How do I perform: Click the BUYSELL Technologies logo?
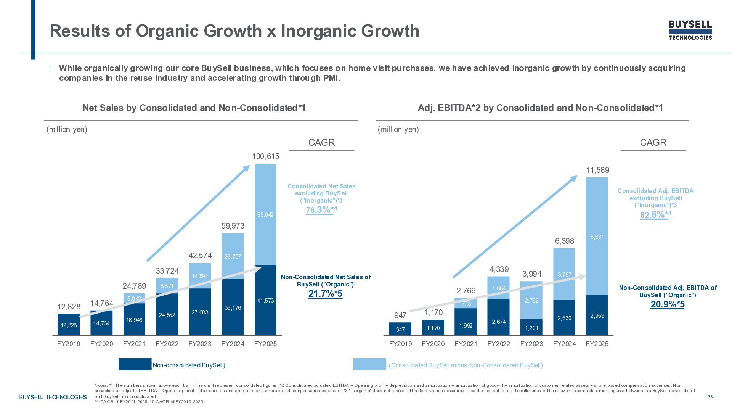pos(690,30)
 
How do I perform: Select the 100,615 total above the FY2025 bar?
pos(266,156)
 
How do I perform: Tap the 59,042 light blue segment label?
pos(265,215)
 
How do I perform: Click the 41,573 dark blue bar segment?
pos(265,301)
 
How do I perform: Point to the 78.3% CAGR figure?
pos(319,210)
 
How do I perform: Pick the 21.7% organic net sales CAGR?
pos(325,294)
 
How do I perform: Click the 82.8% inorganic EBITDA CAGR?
pos(653,215)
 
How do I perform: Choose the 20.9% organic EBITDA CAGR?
pos(667,304)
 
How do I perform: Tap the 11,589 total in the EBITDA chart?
pos(597,170)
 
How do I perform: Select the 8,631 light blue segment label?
pos(597,237)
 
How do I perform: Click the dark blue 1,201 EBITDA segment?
pos(531,328)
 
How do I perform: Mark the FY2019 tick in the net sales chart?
pos(69,344)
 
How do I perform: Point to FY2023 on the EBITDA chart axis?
pos(531,344)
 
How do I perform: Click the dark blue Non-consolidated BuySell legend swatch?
pos(135,364)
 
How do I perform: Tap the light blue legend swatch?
pos(369,364)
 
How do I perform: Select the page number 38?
pos(710,397)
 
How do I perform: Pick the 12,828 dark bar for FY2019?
pos(69,325)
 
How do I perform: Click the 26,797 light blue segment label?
pos(233,257)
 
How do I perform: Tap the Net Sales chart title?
pos(194,108)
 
